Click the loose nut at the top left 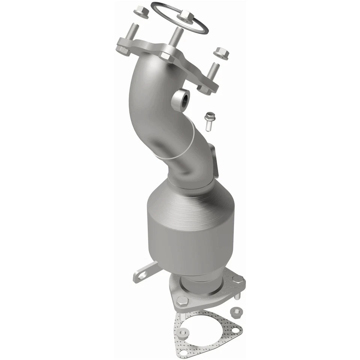click(141, 12)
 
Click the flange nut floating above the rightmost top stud click(221, 53)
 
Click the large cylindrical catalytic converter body click(189, 229)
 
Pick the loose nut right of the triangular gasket click(235, 311)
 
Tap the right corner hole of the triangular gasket click(235, 330)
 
